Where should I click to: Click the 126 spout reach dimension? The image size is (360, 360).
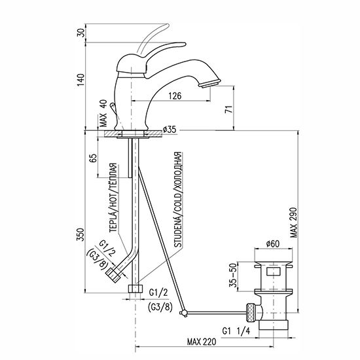click(x=175, y=96)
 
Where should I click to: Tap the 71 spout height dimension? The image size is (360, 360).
click(x=229, y=109)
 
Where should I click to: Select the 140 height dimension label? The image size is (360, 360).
click(x=81, y=80)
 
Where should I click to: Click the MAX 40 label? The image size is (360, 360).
click(x=103, y=113)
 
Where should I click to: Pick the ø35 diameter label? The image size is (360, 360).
click(x=170, y=130)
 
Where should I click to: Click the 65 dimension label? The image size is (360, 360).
click(x=93, y=158)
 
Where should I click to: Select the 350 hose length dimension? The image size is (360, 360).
click(x=81, y=234)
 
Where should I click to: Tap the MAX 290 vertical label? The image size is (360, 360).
click(x=293, y=223)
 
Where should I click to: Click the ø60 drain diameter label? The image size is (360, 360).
click(x=273, y=243)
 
